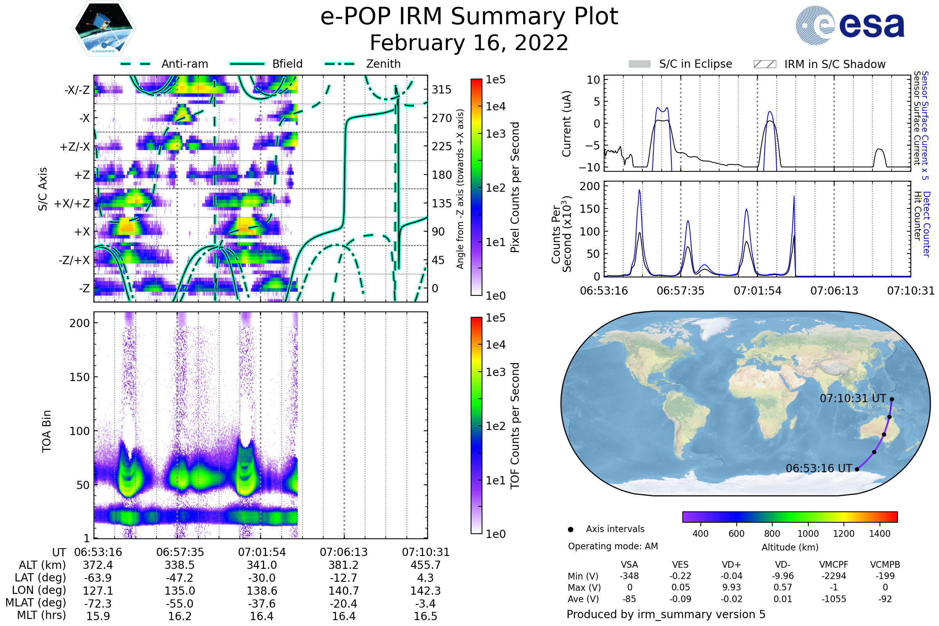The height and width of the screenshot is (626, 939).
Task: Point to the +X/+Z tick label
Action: point(72,203)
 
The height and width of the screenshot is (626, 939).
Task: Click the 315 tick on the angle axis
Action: point(441,90)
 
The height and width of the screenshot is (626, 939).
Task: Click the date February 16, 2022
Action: point(469,43)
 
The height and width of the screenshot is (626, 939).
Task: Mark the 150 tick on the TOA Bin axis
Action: point(79,377)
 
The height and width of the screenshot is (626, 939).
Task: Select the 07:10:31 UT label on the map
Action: point(853,398)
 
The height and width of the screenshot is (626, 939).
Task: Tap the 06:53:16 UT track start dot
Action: point(857,469)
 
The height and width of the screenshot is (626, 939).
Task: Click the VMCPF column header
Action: point(834,565)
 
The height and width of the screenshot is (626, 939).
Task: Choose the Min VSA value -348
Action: point(629,576)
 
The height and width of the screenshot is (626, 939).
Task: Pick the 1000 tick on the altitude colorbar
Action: point(808,534)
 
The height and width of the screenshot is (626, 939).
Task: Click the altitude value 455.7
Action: point(426,565)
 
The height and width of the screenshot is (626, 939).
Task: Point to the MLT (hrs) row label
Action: point(41,615)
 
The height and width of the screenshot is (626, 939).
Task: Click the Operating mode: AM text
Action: point(613,546)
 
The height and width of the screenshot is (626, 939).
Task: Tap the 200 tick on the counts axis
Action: point(590,186)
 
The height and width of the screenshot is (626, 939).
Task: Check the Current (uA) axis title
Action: point(567,124)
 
